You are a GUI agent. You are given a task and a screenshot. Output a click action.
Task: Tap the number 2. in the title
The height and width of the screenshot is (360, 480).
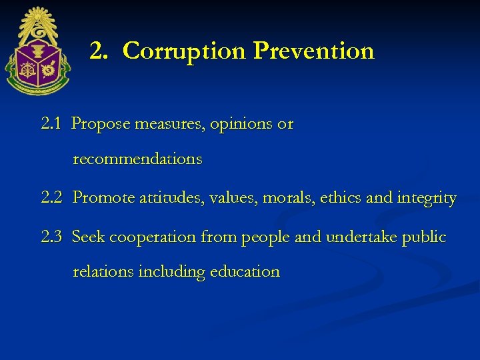coord(99,51)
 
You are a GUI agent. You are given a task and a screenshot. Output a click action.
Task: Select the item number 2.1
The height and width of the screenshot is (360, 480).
coord(51,124)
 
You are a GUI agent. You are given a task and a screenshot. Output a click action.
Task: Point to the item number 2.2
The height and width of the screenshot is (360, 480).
coord(51,198)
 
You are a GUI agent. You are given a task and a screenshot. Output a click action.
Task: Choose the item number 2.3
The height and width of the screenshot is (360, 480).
coord(51,237)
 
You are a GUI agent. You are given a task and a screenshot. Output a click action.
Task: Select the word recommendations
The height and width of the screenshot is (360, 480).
coord(137,159)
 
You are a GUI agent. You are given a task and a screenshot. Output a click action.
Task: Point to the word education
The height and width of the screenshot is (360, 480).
coord(245,272)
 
